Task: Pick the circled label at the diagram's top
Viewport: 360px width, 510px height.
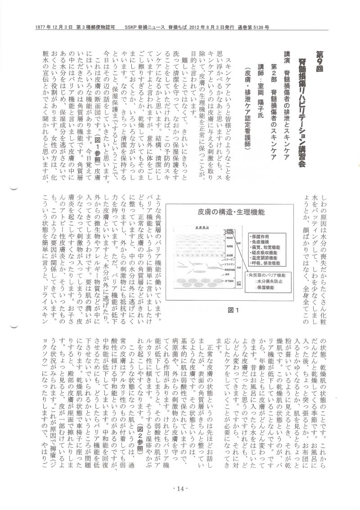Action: tap(229, 231)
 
